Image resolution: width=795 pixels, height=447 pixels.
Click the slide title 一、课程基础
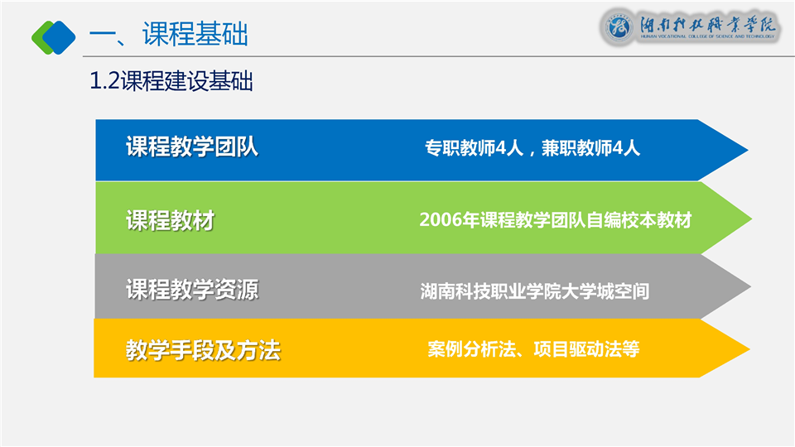(168, 35)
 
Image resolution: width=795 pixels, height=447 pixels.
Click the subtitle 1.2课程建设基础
(171, 81)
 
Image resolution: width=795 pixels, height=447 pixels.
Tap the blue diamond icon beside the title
(59, 37)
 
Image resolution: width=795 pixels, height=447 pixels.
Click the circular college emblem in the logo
(619, 26)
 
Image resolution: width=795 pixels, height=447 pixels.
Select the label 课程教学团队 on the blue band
(192, 147)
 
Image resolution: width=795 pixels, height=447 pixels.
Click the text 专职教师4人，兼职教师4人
(532, 148)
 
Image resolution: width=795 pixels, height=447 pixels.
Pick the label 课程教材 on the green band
(171, 220)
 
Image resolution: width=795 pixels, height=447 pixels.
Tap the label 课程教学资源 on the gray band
(192, 290)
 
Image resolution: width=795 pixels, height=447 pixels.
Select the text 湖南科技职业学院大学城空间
(535, 291)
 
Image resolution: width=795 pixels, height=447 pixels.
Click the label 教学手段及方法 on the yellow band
(204, 350)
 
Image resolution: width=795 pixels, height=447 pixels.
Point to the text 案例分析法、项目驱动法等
(533, 349)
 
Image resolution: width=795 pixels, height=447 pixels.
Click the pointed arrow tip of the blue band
(748, 150)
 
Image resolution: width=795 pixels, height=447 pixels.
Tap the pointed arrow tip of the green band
(751, 219)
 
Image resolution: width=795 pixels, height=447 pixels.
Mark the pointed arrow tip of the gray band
(750, 287)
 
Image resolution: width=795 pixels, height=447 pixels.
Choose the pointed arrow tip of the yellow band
(749, 348)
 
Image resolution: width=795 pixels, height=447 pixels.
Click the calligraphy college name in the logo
(708, 23)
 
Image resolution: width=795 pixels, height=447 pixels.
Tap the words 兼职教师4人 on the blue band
(590, 148)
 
